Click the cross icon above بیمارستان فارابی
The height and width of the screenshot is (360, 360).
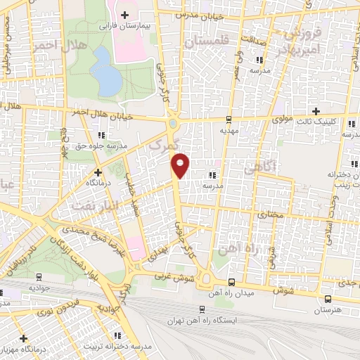pos(125,13)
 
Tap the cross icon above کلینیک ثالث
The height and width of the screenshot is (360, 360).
pos(316,111)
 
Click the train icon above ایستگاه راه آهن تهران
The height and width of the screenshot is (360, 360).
pos(202,308)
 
